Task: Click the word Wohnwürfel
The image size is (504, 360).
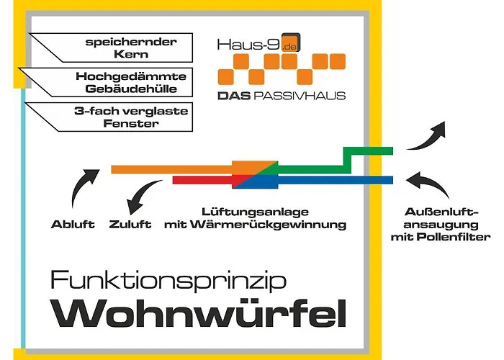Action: [x=201, y=314]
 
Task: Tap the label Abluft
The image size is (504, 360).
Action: [x=73, y=224]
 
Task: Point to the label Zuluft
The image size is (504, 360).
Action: [x=130, y=224]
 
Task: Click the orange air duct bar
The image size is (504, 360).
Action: [x=173, y=169]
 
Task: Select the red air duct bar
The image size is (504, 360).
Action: [x=202, y=180]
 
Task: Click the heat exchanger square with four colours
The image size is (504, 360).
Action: [x=255, y=174]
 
